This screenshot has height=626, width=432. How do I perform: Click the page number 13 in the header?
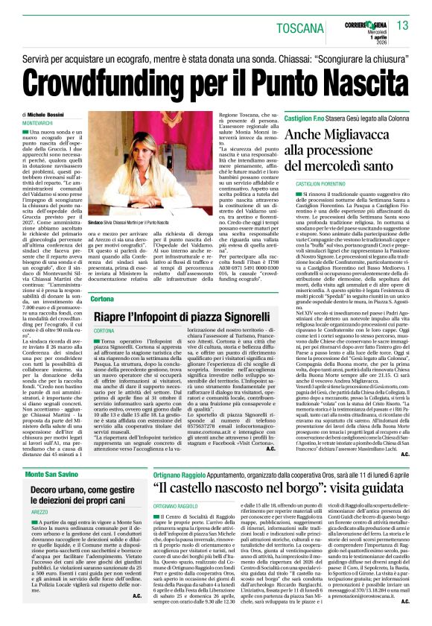pyautogui.click(x=403, y=26)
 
